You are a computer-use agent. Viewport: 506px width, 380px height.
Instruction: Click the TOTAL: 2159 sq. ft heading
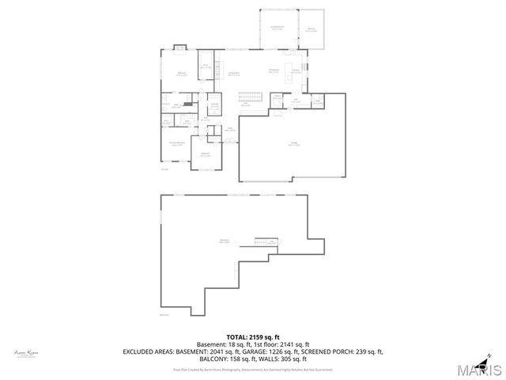pyautogui.click(x=253, y=336)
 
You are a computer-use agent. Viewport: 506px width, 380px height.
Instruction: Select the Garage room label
pyautogui.click(x=293, y=145)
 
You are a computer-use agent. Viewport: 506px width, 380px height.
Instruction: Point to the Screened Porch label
pyautogui.click(x=277, y=28)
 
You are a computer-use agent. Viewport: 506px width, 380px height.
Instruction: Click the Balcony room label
pyautogui.click(x=311, y=28)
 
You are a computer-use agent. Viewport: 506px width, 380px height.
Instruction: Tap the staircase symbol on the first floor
pyautogui.click(x=251, y=97)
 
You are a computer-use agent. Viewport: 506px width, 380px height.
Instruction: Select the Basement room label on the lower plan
pyautogui.click(x=224, y=241)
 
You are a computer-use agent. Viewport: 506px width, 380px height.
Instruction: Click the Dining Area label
pyautogui.click(x=274, y=70)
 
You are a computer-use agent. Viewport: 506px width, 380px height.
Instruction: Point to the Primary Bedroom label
pyautogui.click(x=176, y=143)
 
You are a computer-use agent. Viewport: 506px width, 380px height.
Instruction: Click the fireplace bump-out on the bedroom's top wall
pyautogui.click(x=179, y=47)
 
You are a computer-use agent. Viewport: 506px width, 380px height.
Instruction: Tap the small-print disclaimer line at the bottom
pyautogui.click(x=253, y=369)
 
